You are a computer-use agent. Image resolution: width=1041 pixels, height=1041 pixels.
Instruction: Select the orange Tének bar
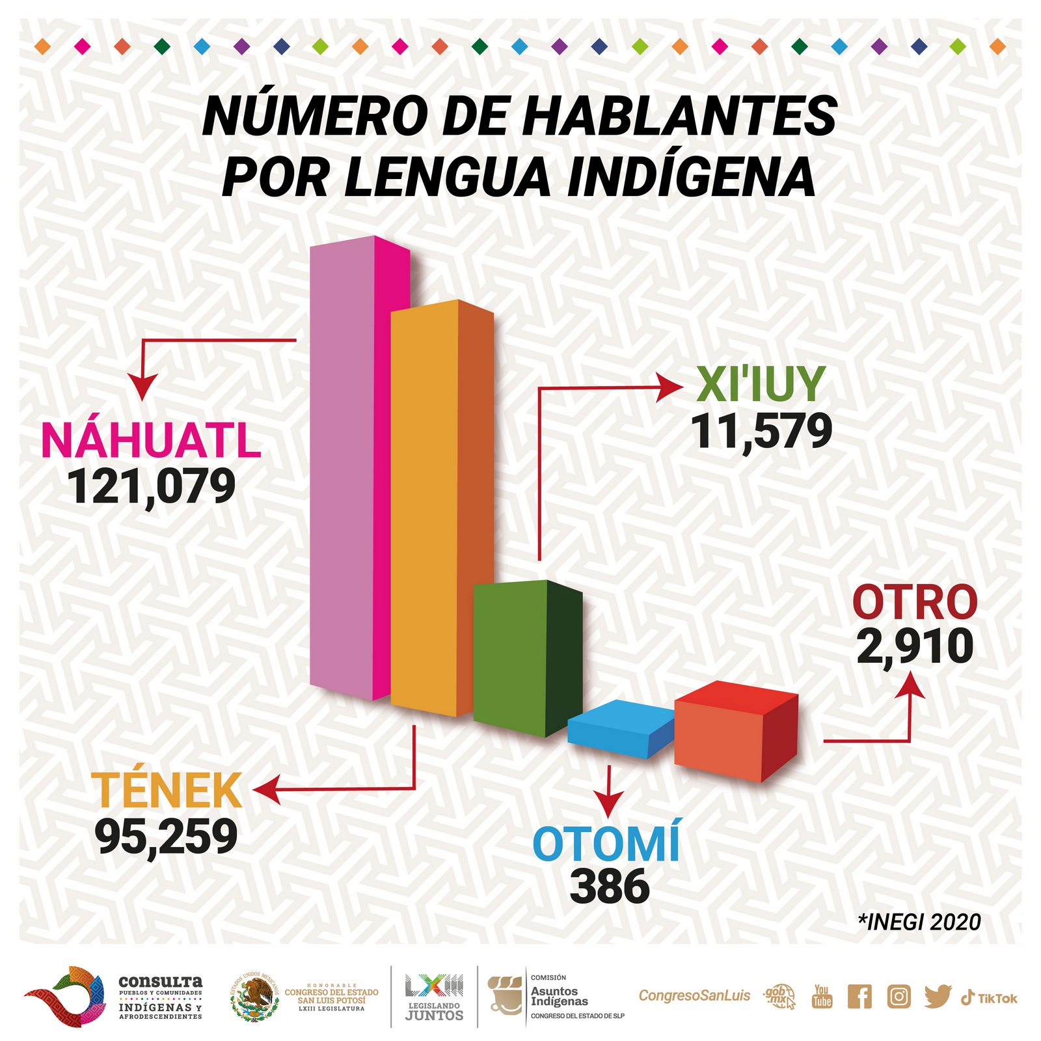[442, 508]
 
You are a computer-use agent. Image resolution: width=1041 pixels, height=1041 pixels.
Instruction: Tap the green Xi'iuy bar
[528, 658]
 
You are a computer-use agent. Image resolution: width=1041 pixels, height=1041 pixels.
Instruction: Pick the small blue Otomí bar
[621, 729]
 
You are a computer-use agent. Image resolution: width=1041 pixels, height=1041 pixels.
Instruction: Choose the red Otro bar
[736, 730]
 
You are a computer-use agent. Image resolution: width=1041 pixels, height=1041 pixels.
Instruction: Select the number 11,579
[761, 432]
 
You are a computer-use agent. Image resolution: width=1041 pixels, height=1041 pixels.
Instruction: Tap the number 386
[610, 887]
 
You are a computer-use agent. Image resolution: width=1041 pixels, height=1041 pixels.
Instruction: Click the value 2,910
[915, 646]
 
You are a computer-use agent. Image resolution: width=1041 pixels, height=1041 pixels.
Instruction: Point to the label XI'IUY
[761, 385]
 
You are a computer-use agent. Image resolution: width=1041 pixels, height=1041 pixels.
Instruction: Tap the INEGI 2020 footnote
[919, 922]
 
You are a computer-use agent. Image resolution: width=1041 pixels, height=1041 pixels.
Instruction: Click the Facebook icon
[859, 997]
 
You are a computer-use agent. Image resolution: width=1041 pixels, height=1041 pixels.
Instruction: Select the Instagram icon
[899, 997]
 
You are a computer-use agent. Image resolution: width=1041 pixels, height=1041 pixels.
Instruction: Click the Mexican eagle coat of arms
[255, 997]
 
